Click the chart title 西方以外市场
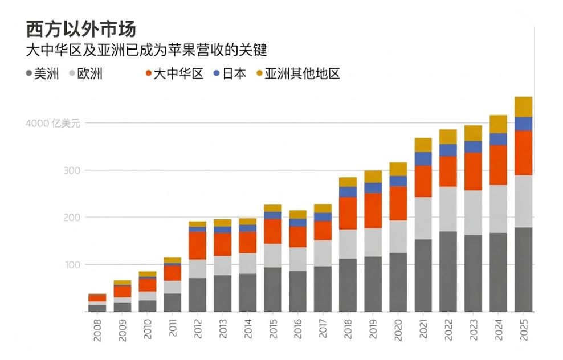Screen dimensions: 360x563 (81, 28)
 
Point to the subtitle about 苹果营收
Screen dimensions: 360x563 (146, 50)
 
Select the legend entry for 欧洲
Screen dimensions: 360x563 (85, 73)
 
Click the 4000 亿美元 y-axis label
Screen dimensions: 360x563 (53, 123)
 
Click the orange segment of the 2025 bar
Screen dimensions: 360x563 (523, 153)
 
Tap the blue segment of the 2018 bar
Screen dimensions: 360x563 (348, 191)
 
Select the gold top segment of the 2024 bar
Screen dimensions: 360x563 (498, 124)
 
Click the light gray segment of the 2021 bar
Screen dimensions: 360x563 (423, 218)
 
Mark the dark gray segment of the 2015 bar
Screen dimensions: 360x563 (272, 289)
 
